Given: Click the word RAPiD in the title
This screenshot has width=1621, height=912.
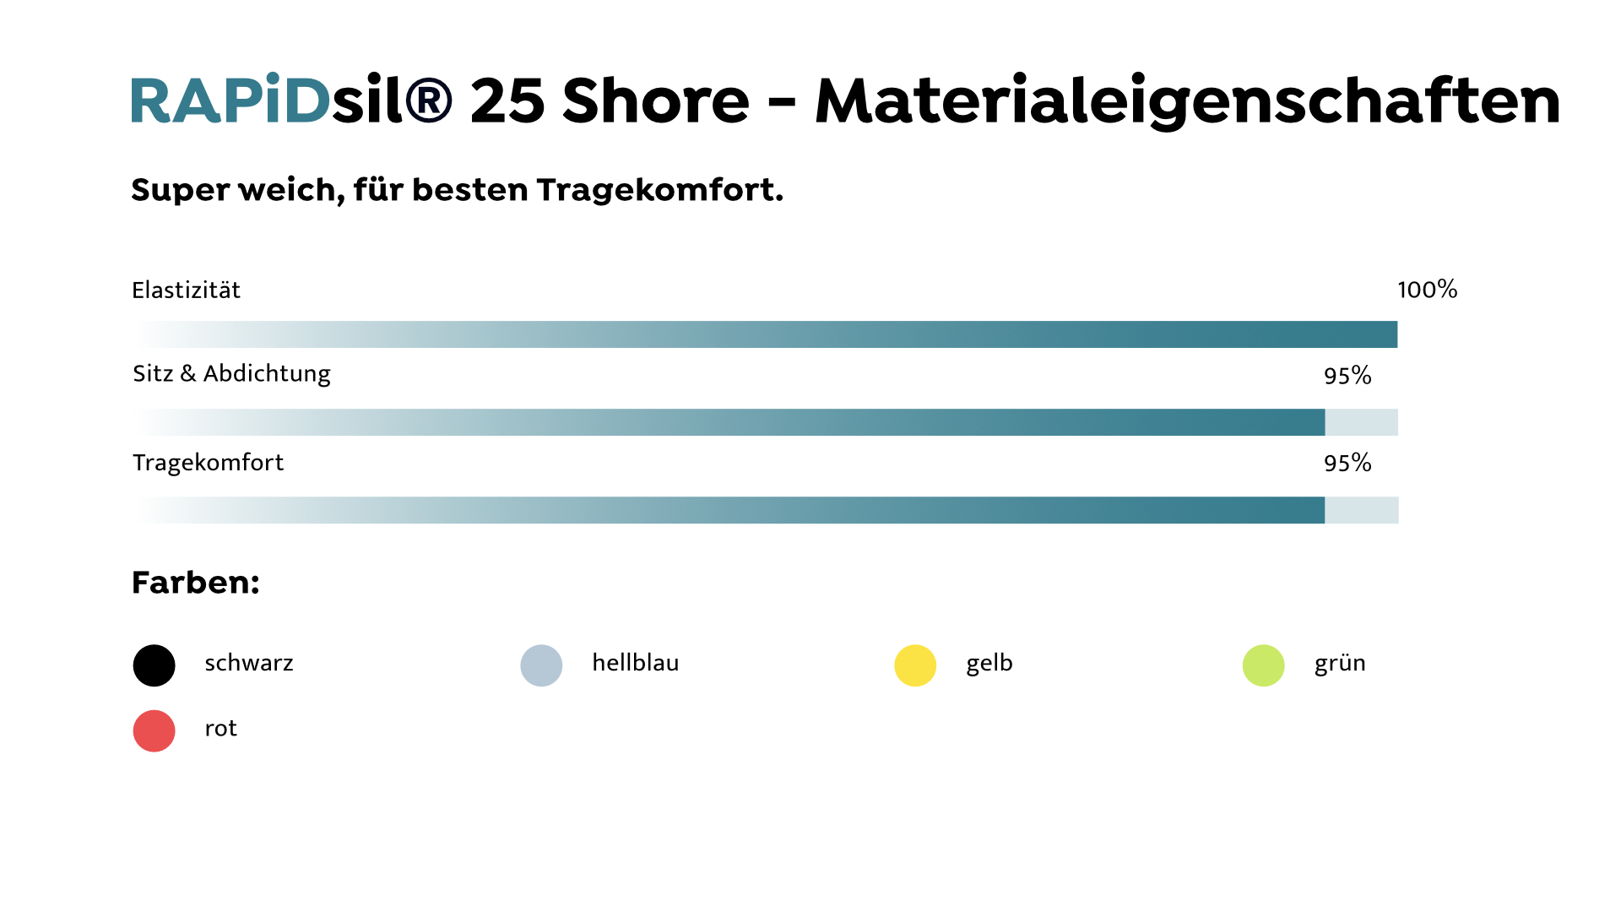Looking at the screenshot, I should pyautogui.click(x=230, y=100).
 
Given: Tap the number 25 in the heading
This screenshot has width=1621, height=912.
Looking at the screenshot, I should pyautogui.click(x=507, y=100).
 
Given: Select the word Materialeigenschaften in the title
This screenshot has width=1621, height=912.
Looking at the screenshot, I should pyautogui.click(x=1187, y=100).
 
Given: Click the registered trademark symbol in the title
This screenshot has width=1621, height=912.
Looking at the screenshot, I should pyautogui.click(x=428, y=100).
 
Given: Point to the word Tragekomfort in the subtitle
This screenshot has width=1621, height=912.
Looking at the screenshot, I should pyautogui.click(x=659, y=190).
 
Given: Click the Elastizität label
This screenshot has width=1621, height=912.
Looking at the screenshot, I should pyautogui.click(x=186, y=290).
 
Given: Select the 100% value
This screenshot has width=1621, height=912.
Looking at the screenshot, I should pyautogui.click(x=1427, y=290).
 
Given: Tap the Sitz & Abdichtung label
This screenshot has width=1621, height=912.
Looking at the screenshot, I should pyautogui.click(x=231, y=373).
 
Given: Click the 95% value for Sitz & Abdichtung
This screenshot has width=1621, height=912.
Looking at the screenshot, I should pyautogui.click(x=1347, y=376).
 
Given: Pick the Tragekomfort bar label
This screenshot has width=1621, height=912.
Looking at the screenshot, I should pyautogui.click(x=208, y=463).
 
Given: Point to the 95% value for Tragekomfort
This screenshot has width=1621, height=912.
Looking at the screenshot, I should pyautogui.click(x=1347, y=463).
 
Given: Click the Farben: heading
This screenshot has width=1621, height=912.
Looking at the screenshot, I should pyautogui.click(x=195, y=583).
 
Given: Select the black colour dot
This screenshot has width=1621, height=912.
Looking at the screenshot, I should pyautogui.click(x=154, y=665).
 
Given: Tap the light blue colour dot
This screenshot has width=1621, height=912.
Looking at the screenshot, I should pyautogui.click(x=541, y=665).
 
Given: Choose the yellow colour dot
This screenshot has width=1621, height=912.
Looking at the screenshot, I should pyautogui.click(x=915, y=665).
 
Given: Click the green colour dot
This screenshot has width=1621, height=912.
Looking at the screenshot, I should pyautogui.click(x=1263, y=665).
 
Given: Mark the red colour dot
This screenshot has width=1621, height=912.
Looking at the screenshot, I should pyautogui.click(x=154, y=730).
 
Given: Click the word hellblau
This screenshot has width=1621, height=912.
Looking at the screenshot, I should pyautogui.click(x=635, y=663).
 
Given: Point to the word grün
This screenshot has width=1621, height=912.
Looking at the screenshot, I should pyautogui.click(x=1340, y=664).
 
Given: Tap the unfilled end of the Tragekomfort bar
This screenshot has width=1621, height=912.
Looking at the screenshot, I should pyautogui.click(x=1362, y=510).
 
